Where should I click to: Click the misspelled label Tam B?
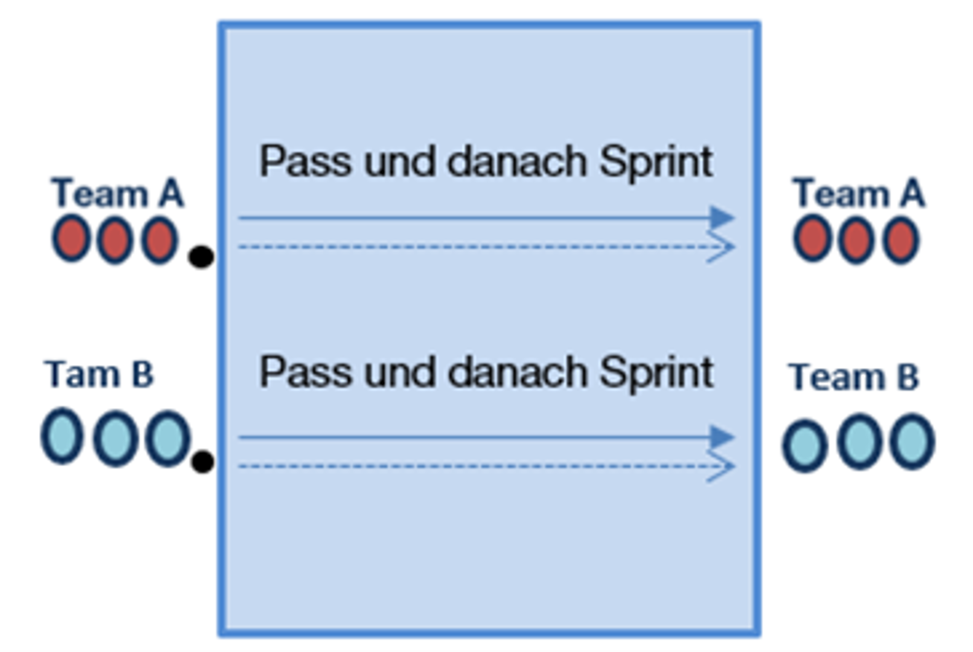99,375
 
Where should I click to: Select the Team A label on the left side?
117,193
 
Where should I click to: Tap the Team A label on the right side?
858,193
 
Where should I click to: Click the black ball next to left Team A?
201,257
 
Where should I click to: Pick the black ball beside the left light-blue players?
203,462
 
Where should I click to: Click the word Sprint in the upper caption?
656,162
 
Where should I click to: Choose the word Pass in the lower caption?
305,372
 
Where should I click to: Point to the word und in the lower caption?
399,372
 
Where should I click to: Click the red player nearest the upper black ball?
159,240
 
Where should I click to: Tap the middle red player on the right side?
856,240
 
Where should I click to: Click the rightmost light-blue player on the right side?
912,442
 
